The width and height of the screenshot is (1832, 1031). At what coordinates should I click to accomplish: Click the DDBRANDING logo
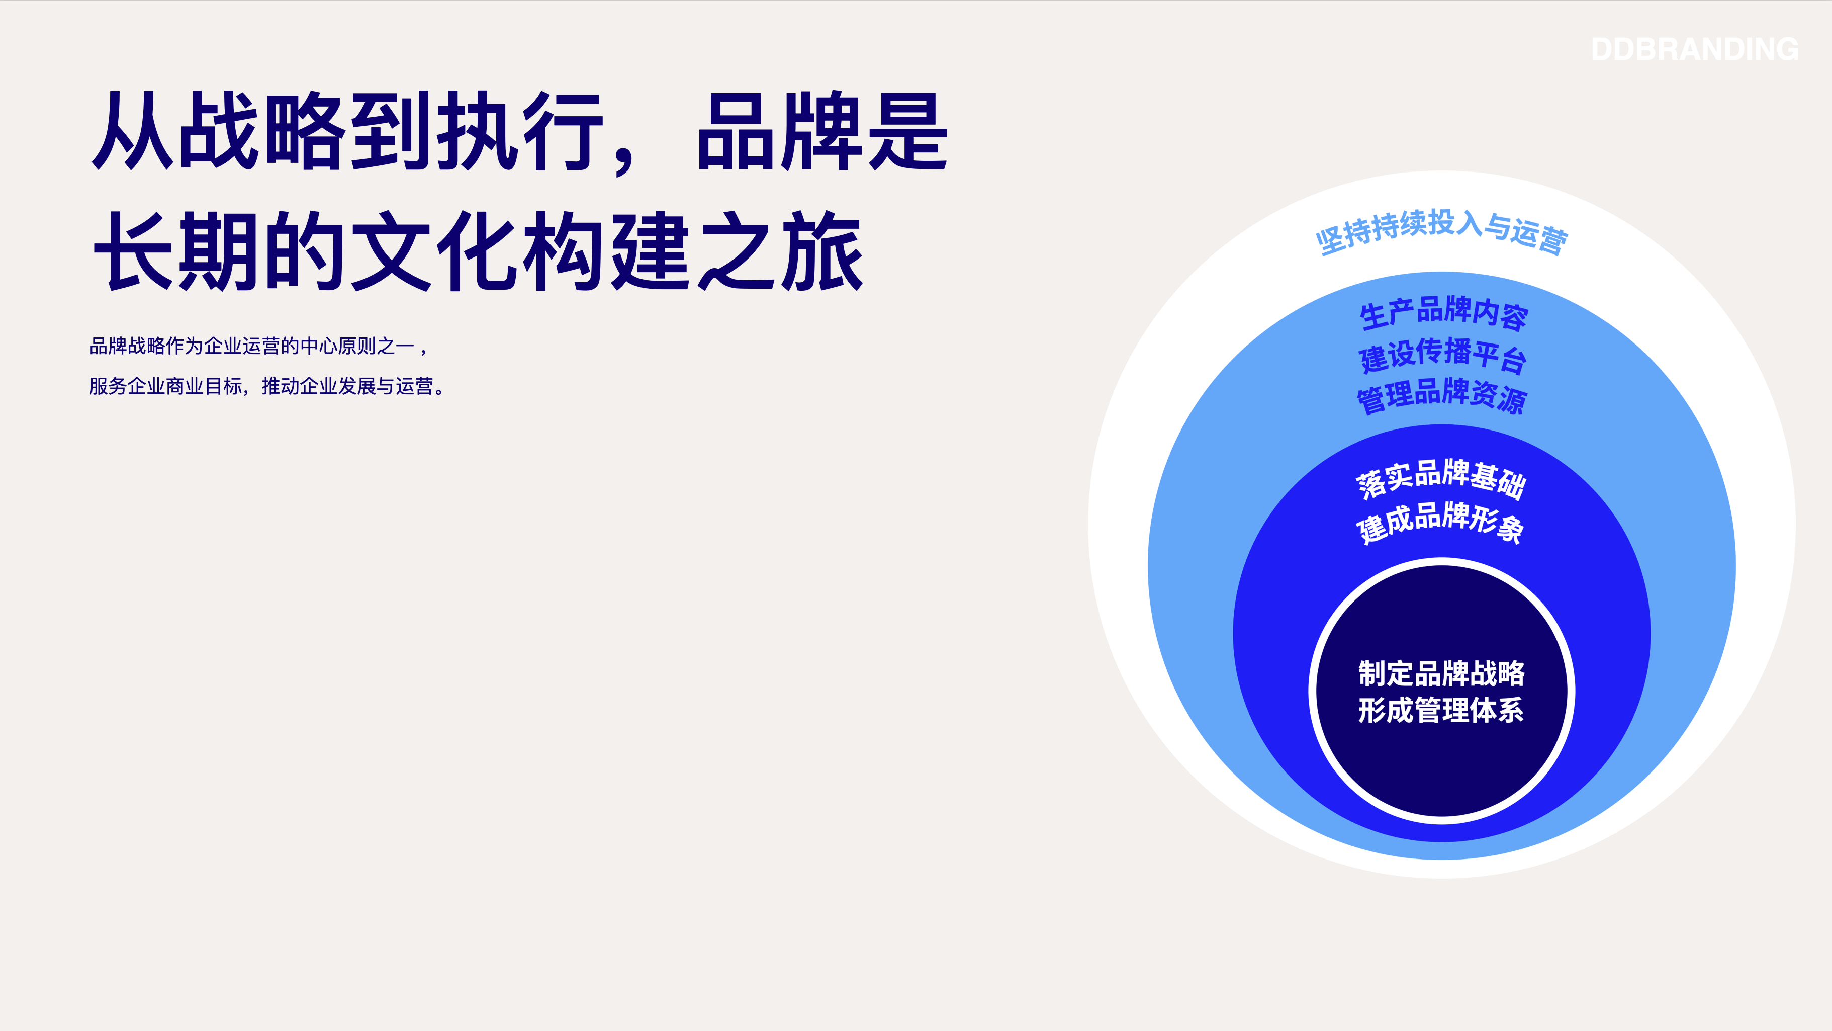click(x=1695, y=49)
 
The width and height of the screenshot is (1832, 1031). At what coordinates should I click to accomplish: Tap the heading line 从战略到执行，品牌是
click(x=520, y=132)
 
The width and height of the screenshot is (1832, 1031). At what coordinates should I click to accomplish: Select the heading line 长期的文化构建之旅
click(x=478, y=250)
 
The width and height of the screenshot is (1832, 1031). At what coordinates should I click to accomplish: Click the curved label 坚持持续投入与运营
click(x=1441, y=232)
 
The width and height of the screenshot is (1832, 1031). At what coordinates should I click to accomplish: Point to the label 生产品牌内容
click(x=1442, y=314)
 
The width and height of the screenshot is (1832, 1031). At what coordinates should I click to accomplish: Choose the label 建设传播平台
click(x=1442, y=356)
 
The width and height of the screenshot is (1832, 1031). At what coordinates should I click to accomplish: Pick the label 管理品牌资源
click(x=1441, y=396)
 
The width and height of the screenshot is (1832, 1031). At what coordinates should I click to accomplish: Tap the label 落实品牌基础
click(x=1441, y=479)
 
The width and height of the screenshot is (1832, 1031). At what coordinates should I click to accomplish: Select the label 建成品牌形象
click(x=1441, y=522)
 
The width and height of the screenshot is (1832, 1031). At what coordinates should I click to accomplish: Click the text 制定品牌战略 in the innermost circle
click(x=1441, y=673)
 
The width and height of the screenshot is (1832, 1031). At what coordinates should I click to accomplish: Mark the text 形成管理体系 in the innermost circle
click(x=1441, y=710)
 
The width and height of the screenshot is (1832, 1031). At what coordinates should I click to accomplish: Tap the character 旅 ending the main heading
click(x=823, y=250)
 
